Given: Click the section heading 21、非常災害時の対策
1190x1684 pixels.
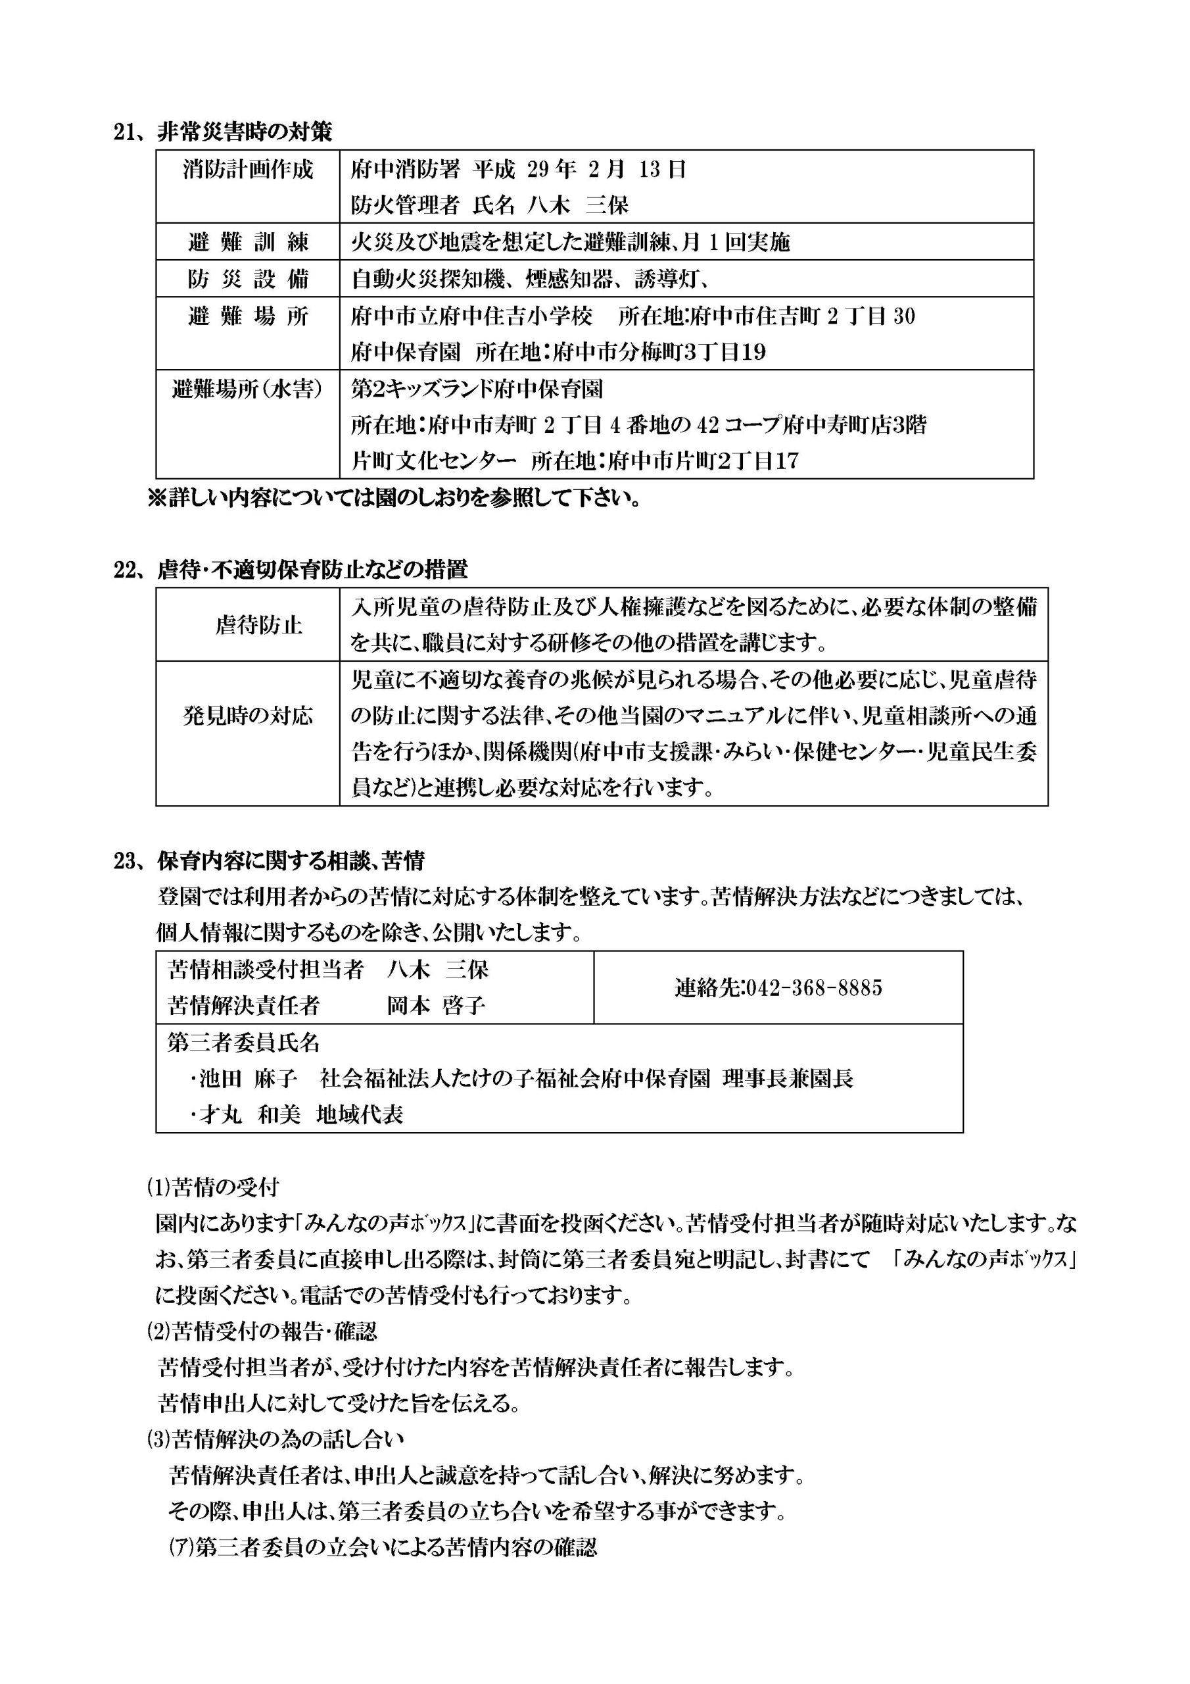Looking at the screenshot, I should coord(223,132).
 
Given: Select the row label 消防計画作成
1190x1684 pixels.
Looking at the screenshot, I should coord(247,170).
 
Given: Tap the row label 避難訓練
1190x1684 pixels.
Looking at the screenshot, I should coord(247,242).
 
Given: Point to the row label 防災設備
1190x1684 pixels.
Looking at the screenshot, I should coord(247,279).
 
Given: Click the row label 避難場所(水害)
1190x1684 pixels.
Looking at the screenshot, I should coord(247,389).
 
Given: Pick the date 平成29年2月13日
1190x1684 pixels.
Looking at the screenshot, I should coord(579,170).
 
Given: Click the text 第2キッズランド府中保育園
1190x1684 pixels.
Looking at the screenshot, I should coord(477,389).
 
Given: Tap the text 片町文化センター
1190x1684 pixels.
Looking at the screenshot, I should coord(433,461).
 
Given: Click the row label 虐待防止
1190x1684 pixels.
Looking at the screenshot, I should coord(258,625).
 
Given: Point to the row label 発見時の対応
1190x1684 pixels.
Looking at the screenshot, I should coord(247,716).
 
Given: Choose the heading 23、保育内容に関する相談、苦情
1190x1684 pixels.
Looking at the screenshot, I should coord(269,860).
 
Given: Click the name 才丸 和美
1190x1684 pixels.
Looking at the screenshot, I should coord(249,1115).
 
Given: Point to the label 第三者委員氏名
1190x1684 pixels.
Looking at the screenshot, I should coord(243,1042).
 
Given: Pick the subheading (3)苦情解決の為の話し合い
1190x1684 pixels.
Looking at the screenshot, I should coord(275,1440).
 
